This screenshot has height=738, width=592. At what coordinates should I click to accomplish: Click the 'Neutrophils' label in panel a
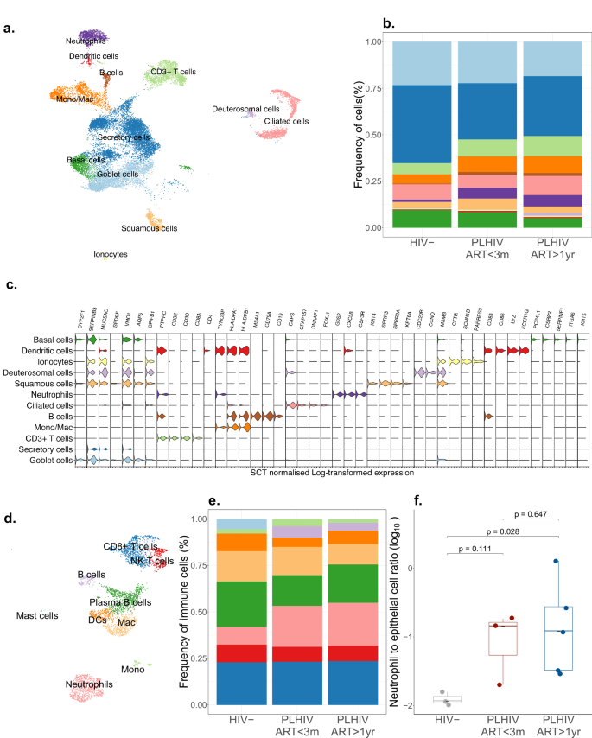[x=87, y=41]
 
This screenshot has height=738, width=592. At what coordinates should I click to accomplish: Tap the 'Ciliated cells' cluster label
[x=286, y=122]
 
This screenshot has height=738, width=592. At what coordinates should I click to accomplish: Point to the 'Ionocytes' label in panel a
[x=111, y=255]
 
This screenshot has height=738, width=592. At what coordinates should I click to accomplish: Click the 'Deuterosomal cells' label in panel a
[x=247, y=110]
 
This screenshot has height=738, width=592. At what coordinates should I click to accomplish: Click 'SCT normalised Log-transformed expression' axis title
[x=332, y=472]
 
